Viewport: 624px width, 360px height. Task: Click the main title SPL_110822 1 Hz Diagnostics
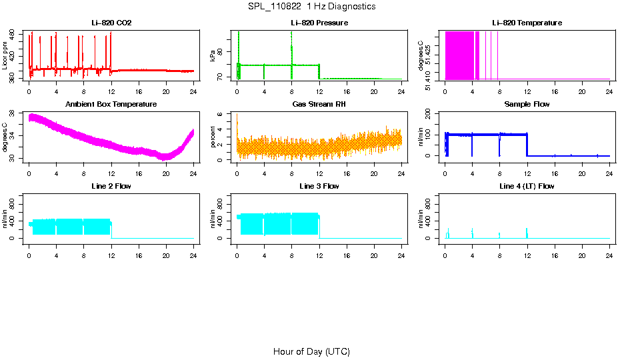[x=311, y=7]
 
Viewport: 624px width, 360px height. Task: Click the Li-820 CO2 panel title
[x=111, y=23]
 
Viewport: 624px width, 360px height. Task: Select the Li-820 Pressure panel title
[x=319, y=23]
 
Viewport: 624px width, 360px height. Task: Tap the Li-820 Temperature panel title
[x=527, y=23]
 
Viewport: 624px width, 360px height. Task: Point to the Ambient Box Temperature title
[x=111, y=105]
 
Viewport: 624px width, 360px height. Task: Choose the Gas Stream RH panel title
[x=319, y=105]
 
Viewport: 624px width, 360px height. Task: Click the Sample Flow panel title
[x=527, y=105]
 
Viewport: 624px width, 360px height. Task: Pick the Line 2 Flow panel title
[x=111, y=186]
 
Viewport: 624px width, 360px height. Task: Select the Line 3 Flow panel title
[x=319, y=186]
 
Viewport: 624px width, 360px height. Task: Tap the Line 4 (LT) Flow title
[x=527, y=186]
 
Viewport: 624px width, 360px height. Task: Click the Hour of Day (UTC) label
[x=311, y=351]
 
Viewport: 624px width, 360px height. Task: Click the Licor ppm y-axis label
[x=5, y=56]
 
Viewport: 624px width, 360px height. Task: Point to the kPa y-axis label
[x=213, y=56]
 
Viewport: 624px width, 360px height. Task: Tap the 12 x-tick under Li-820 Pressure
[x=319, y=92]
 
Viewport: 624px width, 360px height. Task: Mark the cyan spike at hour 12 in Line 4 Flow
[x=527, y=233]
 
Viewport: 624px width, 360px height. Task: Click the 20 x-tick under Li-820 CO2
[x=166, y=92]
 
